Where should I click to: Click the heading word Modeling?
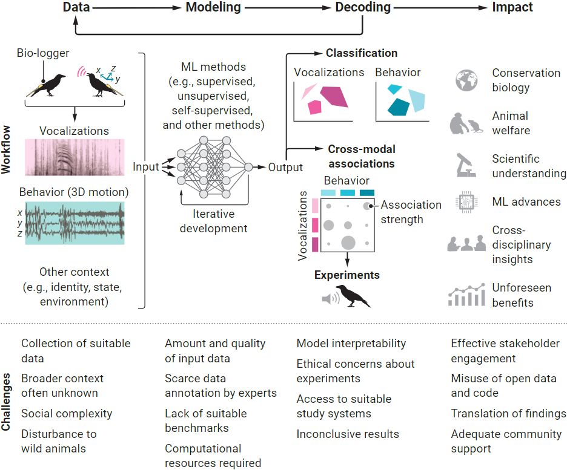pyautogui.click(x=213, y=8)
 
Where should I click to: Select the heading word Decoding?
pyautogui.click(x=362, y=8)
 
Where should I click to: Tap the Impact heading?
pyautogui.click(x=512, y=8)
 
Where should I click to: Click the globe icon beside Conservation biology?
pyautogui.click(x=466, y=80)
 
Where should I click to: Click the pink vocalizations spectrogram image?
pyautogui.click(x=75, y=157)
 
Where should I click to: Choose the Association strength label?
pyautogui.click(x=411, y=212)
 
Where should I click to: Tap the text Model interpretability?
pyautogui.click(x=351, y=344)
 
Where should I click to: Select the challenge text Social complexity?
pyautogui.click(x=67, y=414)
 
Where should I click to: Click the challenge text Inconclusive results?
pyautogui.click(x=348, y=434)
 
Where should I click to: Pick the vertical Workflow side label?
pyautogui.click(x=7, y=149)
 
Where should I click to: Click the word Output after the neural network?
pyautogui.click(x=286, y=167)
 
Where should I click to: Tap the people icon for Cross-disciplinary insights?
pyautogui.click(x=466, y=244)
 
